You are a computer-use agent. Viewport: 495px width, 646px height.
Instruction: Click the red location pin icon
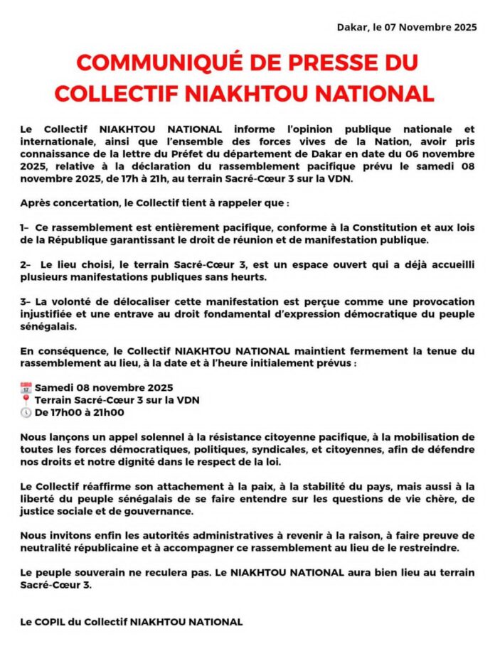(26, 400)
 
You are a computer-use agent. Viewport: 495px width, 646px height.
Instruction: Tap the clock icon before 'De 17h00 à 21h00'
(26, 412)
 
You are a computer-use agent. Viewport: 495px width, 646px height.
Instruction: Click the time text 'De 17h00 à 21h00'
(79, 412)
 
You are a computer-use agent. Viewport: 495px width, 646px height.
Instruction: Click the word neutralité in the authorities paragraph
(51, 548)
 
